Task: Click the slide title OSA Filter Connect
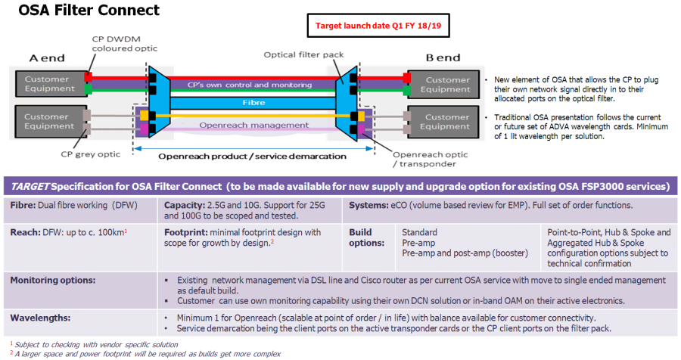point(89,10)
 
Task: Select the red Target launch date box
point(378,26)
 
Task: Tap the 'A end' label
point(47,58)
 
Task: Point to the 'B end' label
point(443,57)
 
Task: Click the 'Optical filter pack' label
point(303,54)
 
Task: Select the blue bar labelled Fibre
point(253,103)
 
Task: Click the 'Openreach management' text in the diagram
point(254,125)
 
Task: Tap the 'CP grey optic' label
point(90,154)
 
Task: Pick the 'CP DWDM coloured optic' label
point(125,44)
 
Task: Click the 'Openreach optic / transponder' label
point(430,159)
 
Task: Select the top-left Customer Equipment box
point(51,84)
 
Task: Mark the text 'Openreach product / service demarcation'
point(252,157)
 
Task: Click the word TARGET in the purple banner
point(30,187)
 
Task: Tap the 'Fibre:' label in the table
point(23,205)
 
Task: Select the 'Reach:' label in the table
point(25,232)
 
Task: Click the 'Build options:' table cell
point(366,237)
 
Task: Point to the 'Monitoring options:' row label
point(53,280)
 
